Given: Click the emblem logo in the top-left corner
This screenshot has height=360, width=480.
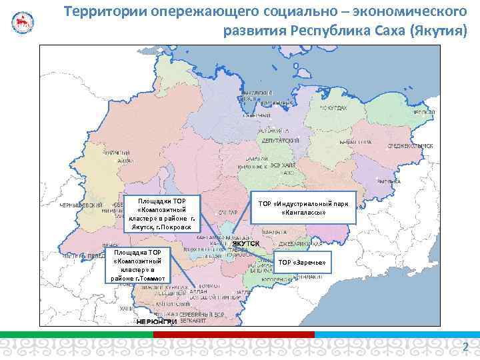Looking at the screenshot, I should coord(22,22).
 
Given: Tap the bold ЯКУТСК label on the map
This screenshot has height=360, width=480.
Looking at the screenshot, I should coord(245,244).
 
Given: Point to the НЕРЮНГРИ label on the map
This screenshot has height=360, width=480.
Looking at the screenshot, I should coord(156,322).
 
